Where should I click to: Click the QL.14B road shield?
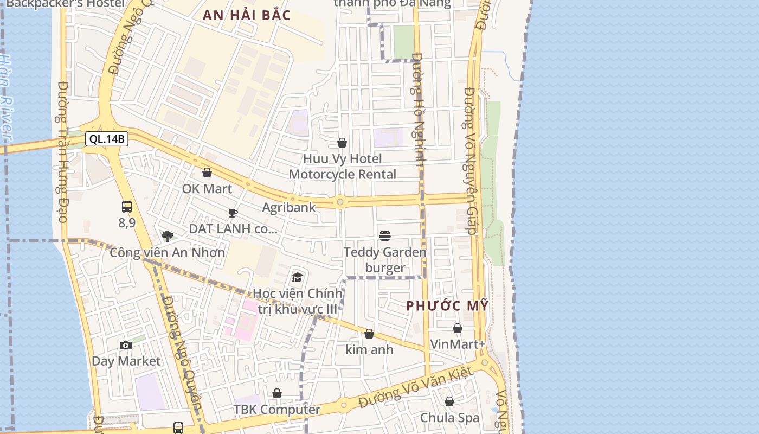pos(107,139)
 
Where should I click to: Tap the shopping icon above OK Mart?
pos(207,173)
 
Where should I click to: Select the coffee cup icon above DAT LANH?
pos(233,213)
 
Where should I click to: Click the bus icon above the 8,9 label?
pos(127,207)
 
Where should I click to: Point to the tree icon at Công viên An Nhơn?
pos(168,236)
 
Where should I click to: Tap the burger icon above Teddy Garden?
pos(385,236)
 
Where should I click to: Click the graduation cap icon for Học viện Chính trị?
pos(297,278)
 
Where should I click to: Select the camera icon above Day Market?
pos(126,346)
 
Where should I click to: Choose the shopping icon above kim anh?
pos(369,334)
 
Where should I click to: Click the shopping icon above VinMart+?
pos(458,328)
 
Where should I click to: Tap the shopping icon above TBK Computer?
pos(277,393)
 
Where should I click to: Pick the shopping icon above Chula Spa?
pos(449,401)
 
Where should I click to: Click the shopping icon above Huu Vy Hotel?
pos(342,143)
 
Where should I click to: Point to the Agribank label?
pos(289,207)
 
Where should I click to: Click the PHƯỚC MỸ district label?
pos(448,305)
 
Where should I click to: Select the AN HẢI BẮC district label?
pos(247,15)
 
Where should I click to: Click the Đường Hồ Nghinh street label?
pos(418,108)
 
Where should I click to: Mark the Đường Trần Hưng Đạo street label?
pos(62,152)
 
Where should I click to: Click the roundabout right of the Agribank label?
pos(340,202)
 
